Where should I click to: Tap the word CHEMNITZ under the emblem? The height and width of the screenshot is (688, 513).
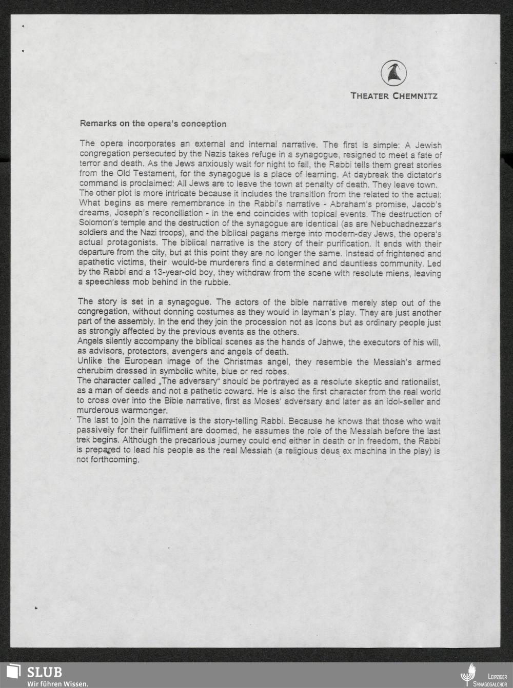coord(415,96)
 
